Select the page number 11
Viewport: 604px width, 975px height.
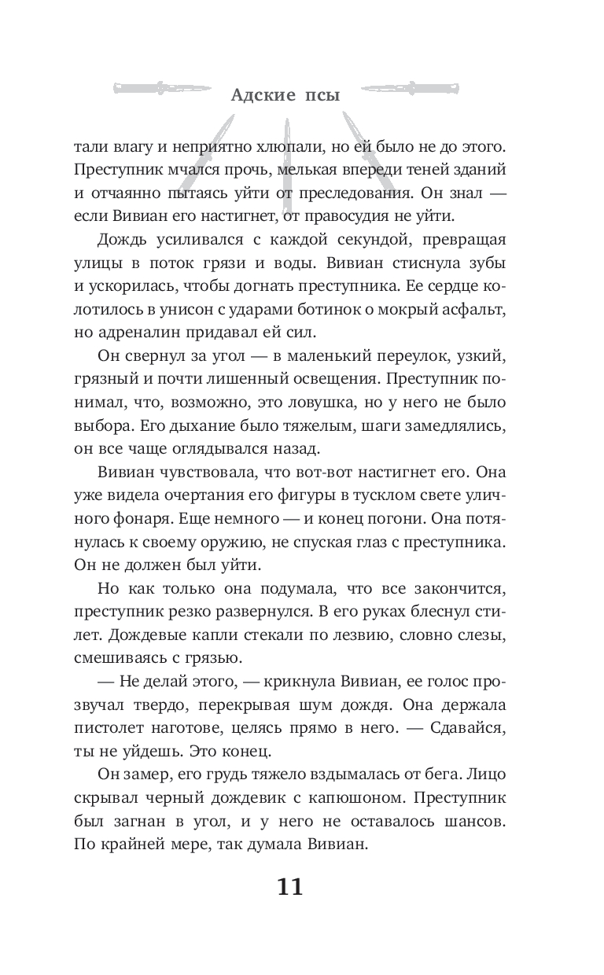click(x=289, y=886)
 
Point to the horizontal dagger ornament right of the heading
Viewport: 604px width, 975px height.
click(x=441, y=86)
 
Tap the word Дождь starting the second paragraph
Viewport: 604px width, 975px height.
click(x=121, y=237)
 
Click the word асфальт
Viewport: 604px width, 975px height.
click(x=487, y=306)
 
